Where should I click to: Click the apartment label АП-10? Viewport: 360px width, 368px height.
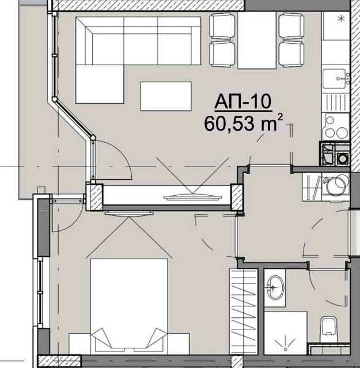(x=242, y=102)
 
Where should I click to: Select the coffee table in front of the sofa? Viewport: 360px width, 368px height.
(x=165, y=96)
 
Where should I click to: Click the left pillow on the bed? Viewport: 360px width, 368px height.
(x=105, y=337)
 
